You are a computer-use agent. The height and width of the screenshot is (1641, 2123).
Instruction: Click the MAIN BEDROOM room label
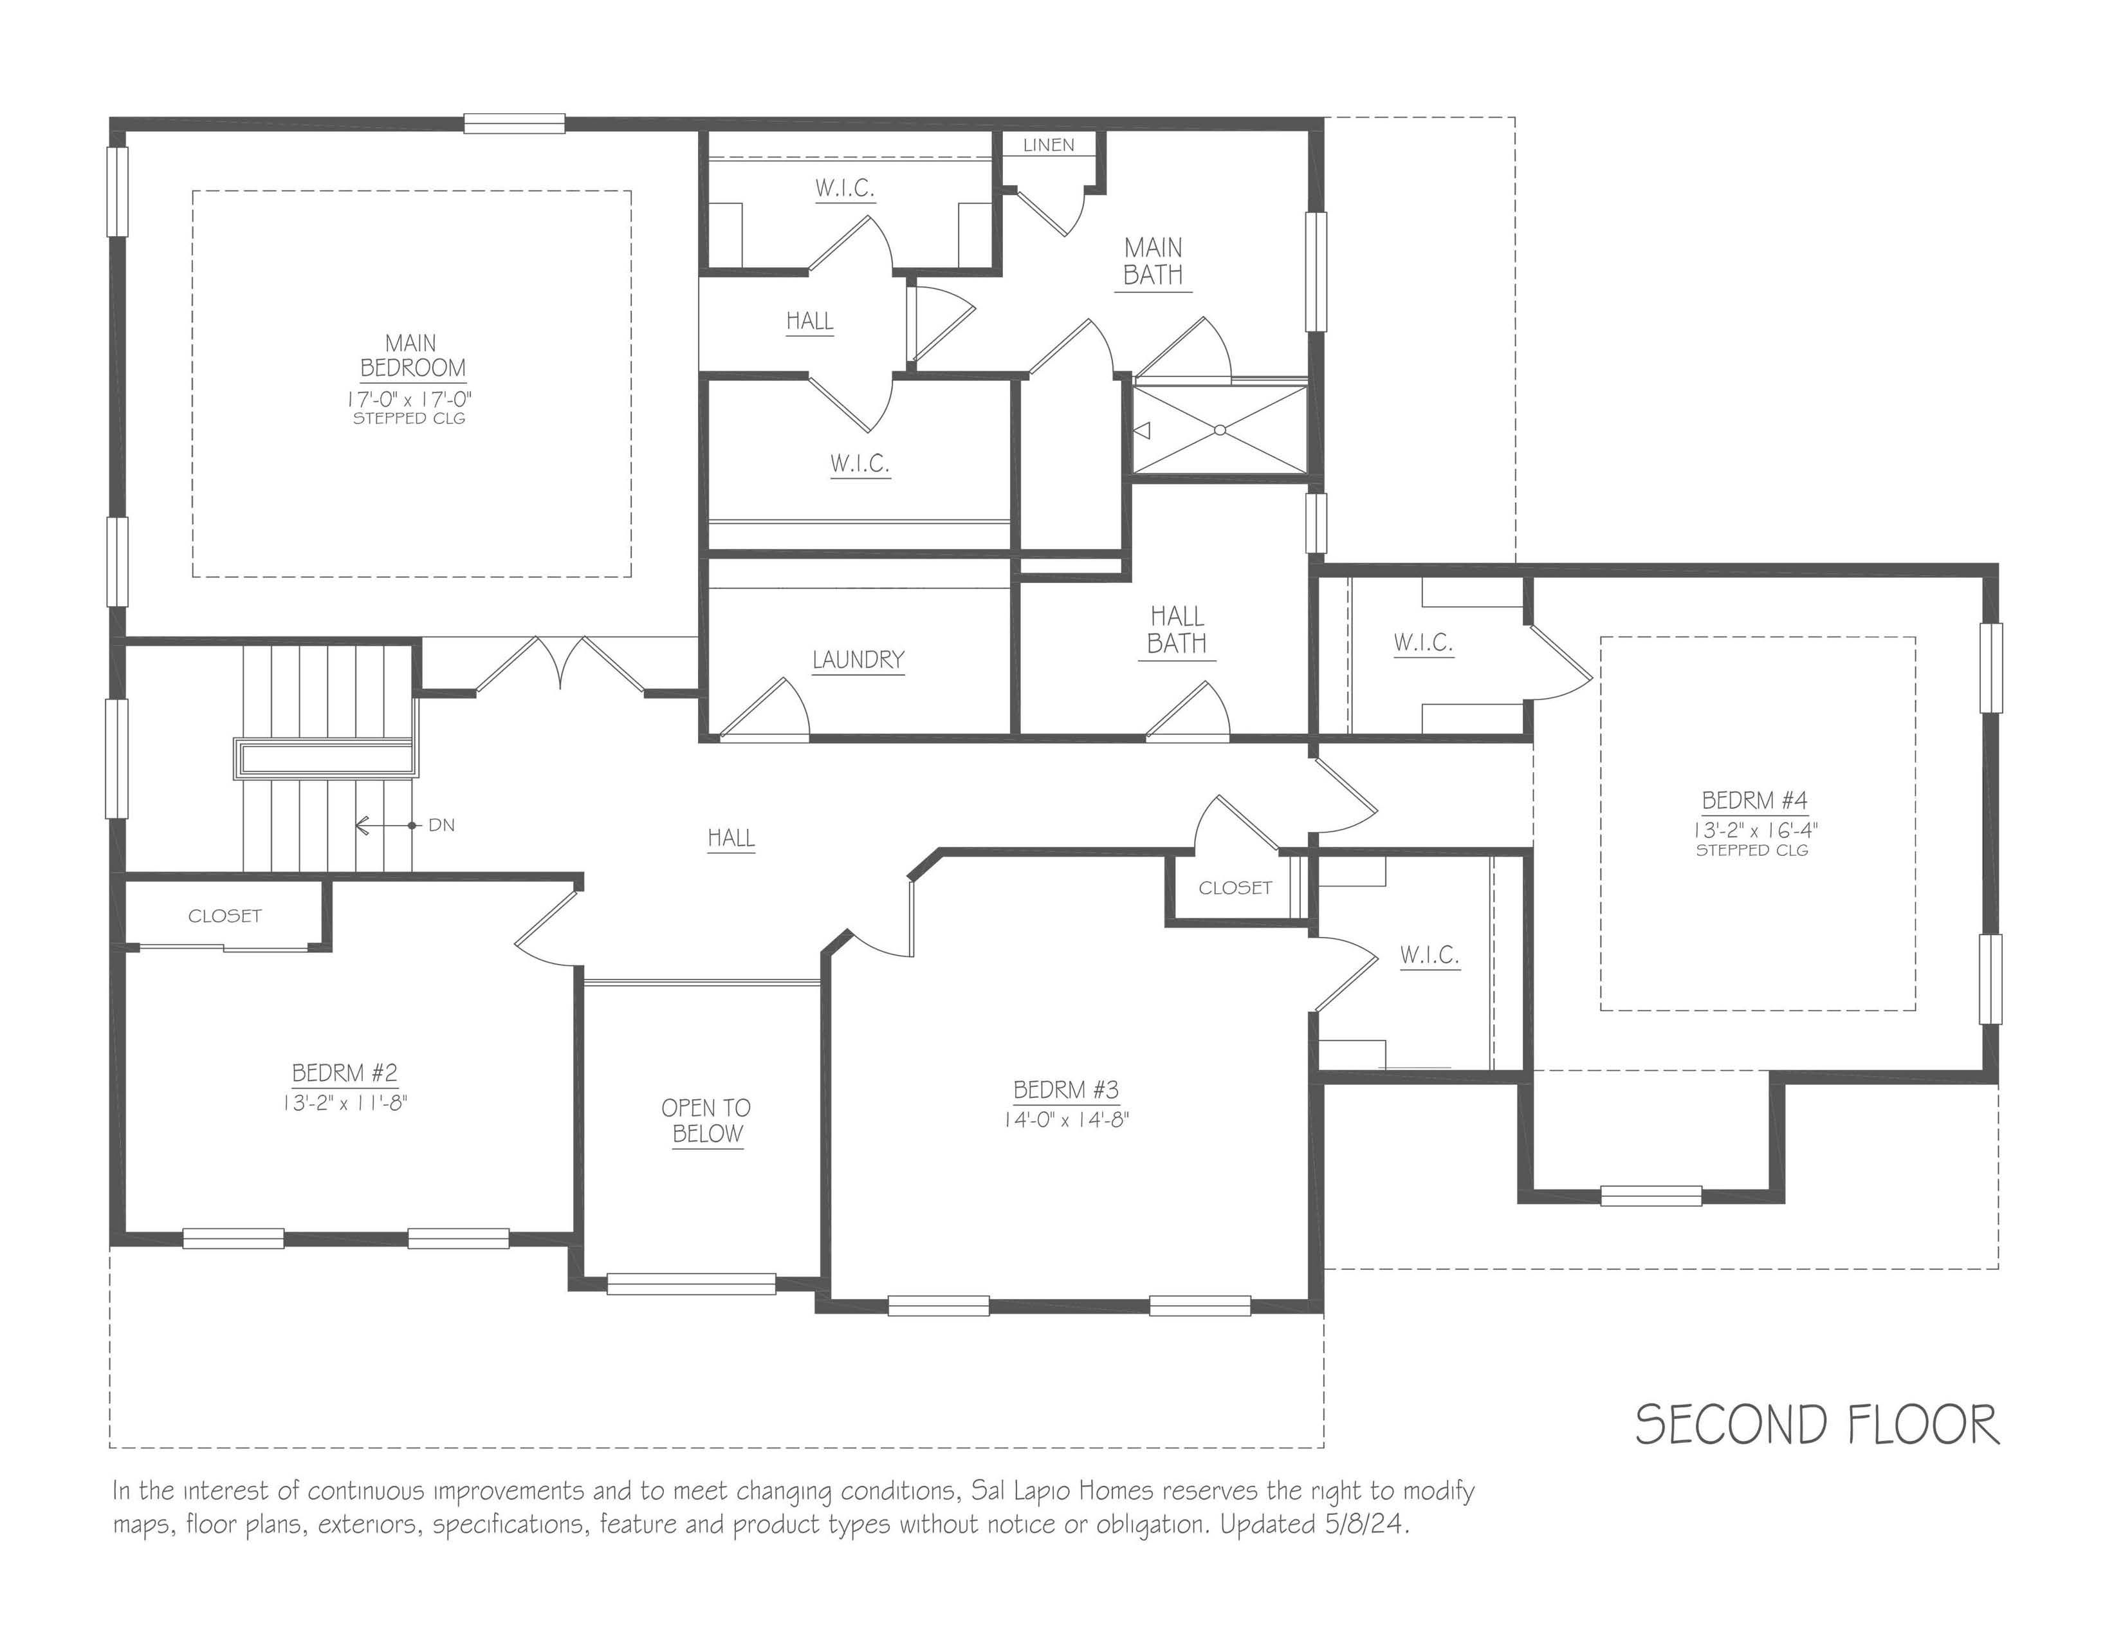click(x=411, y=356)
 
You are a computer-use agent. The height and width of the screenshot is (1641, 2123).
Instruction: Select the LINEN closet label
click(x=1049, y=145)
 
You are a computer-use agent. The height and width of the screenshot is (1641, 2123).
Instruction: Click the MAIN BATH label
click(x=1153, y=261)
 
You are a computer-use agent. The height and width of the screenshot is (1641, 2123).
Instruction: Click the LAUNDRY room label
click(x=858, y=660)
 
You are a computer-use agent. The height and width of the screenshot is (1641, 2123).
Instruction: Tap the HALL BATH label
click(x=1176, y=630)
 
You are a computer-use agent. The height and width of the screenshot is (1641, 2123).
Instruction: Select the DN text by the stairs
click(x=441, y=826)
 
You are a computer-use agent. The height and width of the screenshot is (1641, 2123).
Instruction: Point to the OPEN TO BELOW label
click(x=706, y=1121)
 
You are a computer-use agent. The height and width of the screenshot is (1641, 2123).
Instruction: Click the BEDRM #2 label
click(x=345, y=1073)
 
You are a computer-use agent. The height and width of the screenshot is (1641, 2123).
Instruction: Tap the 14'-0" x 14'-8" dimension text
click(x=1067, y=1120)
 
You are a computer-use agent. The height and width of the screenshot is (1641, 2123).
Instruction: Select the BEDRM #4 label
click(x=1754, y=801)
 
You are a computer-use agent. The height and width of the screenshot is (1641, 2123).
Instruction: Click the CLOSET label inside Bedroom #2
click(x=225, y=916)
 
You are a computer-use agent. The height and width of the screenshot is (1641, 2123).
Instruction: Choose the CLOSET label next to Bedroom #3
click(x=1235, y=887)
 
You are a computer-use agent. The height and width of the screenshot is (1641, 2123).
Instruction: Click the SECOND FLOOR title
click(x=1816, y=1425)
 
